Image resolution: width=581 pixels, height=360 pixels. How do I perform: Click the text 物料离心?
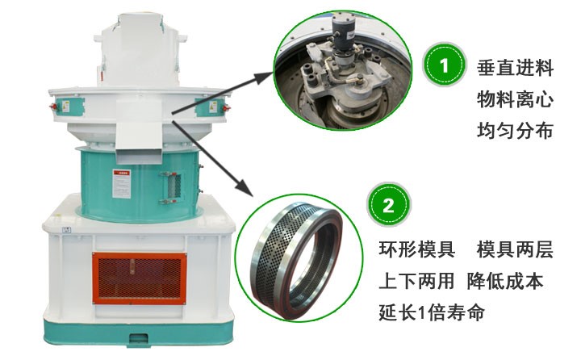tap(514, 100)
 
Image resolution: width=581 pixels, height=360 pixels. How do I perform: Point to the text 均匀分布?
tap(514, 131)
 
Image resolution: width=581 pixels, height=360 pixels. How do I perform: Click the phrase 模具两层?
tap(515, 250)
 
